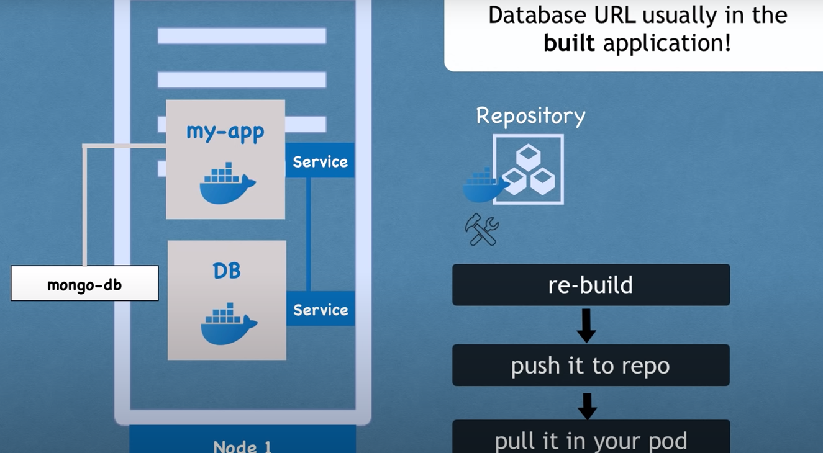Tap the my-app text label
coord(225,132)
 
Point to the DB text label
coord(227,271)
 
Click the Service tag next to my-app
coord(320,161)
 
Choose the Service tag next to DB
coord(321,310)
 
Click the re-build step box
coord(591,285)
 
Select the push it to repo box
coord(591,366)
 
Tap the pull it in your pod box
coord(591,439)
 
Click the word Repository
coord(530,115)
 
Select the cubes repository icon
coord(529,169)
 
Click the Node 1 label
coord(242,446)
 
